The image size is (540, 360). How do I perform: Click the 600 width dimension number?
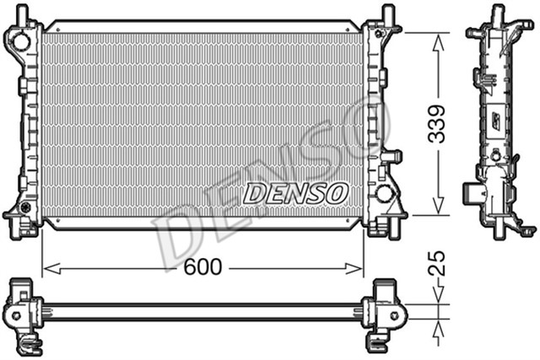[x=202, y=268]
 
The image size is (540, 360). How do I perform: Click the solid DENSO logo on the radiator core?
[x=295, y=193]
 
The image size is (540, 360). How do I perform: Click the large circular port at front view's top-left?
[x=16, y=39]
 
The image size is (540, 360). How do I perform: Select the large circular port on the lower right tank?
[x=385, y=193]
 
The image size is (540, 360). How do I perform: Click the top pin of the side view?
[x=498, y=13]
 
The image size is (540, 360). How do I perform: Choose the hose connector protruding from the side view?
[x=472, y=196]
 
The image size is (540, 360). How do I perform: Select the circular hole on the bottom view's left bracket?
[x=14, y=313]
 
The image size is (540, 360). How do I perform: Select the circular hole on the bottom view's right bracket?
[x=396, y=313]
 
